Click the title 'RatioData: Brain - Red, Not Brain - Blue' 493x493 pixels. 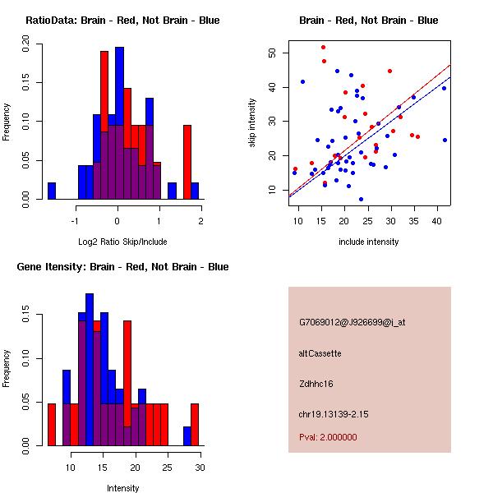pos(122,21)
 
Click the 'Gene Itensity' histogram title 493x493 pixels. pos(122,267)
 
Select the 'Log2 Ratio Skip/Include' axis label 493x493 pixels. pos(122,242)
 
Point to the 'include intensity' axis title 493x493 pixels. pos(369,242)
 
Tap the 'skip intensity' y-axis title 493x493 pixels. pos(252,123)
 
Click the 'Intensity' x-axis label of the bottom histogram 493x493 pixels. pos(122,488)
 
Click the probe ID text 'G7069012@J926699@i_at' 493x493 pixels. pos(352,322)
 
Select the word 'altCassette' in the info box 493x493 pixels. pos(320,353)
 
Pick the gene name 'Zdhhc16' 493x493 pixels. pos(317,384)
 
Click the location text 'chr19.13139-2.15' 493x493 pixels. pos(334,414)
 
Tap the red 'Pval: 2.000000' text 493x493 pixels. pos(328,438)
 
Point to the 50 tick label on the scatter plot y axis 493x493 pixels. pos(273,53)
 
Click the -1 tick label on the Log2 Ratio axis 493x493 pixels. pos(75,219)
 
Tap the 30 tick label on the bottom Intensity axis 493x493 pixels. pos(199,467)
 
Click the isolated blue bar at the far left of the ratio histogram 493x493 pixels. pos(52,191)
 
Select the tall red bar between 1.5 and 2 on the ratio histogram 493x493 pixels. pos(187,162)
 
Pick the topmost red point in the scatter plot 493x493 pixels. pos(323,47)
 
